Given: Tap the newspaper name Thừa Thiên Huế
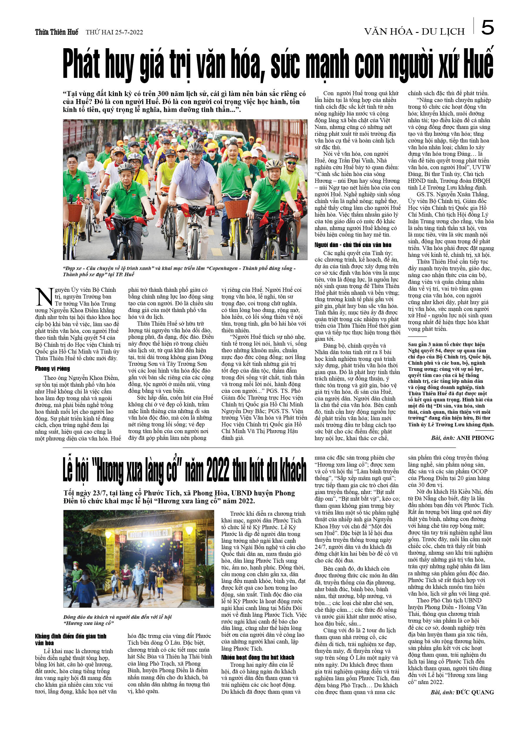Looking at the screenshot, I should [57, 32].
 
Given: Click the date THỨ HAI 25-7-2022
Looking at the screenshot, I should [114, 32].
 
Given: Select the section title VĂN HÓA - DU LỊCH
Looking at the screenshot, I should [414, 31].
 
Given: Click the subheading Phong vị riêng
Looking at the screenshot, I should [52, 369].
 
